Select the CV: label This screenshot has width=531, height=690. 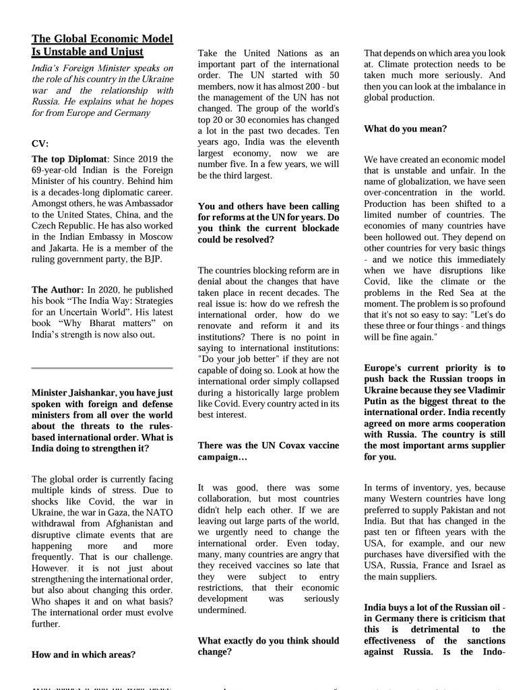[40, 144]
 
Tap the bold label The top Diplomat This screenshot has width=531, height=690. [69, 159]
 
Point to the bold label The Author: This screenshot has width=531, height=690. [58, 290]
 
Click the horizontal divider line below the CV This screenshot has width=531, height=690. [102, 369]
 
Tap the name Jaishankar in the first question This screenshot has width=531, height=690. [92, 393]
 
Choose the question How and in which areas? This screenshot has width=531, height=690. [83, 654]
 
